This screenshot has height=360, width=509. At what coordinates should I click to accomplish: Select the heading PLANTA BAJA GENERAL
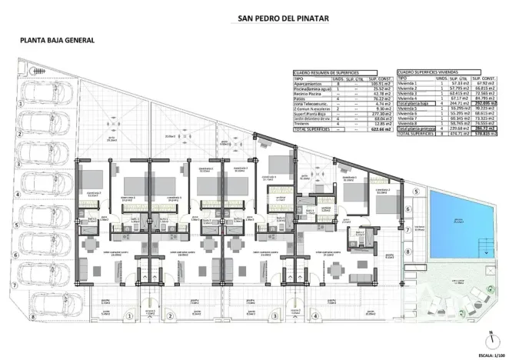pyautogui.click(x=58, y=41)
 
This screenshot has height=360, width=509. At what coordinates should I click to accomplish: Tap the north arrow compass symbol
pyautogui.click(x=490, y=338)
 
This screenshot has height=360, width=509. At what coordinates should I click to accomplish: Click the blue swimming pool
pyautogui.click(x=459, y=222)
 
